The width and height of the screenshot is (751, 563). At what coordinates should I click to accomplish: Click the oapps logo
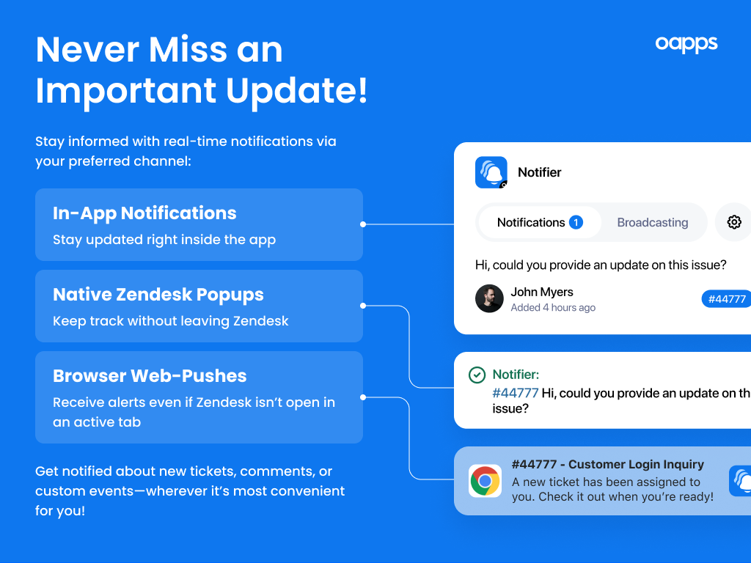tap(686, 44)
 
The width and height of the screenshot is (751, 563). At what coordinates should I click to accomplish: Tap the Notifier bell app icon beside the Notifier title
tap(491, 172)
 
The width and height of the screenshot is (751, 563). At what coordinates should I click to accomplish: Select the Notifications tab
tap(531, 222)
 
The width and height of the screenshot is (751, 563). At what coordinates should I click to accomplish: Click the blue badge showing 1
tap(576, 222)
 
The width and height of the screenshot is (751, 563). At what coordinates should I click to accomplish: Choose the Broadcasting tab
tap(653, 222)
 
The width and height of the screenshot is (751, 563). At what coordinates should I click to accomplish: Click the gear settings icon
tap(734, 222)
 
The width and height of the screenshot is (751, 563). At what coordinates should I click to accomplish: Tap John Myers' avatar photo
tap(489, 298)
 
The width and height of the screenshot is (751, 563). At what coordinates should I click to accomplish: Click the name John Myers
tap(542, 292)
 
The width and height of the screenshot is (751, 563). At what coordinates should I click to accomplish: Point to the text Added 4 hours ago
tap(553, 308)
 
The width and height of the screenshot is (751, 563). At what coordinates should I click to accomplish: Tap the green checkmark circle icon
tap(477, 375)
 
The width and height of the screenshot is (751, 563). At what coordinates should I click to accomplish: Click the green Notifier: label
tap(516, 375)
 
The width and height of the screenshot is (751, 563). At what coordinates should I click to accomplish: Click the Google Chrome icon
tap(485, 481)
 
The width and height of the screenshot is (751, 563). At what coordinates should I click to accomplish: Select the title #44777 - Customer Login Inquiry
tap(607, 464)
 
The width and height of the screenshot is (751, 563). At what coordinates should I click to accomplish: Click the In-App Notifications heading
tap(144, 213)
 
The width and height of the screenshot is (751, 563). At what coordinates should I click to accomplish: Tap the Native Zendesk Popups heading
tap(158, 295)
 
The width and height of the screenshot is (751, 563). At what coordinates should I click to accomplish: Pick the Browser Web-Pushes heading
tap(150, 376)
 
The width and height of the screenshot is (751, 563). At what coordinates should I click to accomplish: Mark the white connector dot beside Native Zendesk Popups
tap(363, 306)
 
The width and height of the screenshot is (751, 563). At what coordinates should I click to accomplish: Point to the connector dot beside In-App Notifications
tap(363, 224)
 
